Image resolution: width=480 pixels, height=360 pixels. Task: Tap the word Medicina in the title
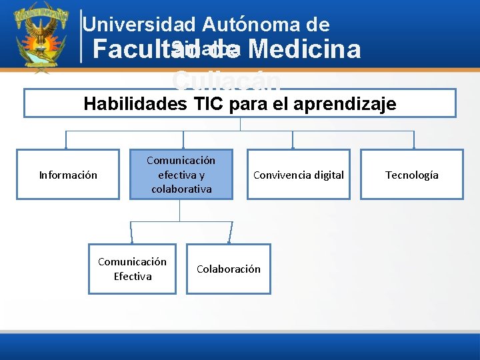pyautogui.click(x=307, y=49)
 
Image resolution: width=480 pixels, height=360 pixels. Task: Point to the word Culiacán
pyautogui.click(x=227, y=81)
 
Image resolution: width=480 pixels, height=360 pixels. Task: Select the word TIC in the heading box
pyautogui.click(x=209, y=104)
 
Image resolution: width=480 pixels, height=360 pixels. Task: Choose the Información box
pyautogui.click(x=68, y=175)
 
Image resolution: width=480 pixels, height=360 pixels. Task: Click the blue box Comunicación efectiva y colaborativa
pyautogui.click(x=181, y=175)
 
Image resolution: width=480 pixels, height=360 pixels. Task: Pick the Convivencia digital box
pyautogui.click(x=298, y=175)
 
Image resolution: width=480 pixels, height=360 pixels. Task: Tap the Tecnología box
pyautogui.click(x=411, y=175)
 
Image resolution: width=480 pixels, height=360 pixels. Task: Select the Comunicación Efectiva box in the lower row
pyautogui.click(x=132, y=269)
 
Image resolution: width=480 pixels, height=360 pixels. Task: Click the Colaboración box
pyautogui.click(x=228, y=269)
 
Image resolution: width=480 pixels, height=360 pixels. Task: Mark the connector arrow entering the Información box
pyautogui.click(x=66, y=145)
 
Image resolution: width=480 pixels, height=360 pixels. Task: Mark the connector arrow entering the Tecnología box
pyautogui.click(x=414, y=145)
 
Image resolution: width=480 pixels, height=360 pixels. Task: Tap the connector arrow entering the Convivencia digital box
pyautogui.click(x=293, y=145)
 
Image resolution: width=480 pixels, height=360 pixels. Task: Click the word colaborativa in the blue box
pyautogui.click(x=181, y=189)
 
